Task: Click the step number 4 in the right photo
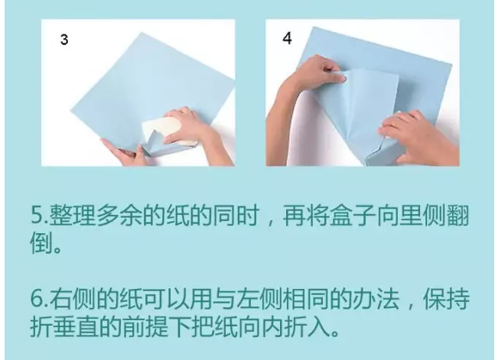point(287,38)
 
